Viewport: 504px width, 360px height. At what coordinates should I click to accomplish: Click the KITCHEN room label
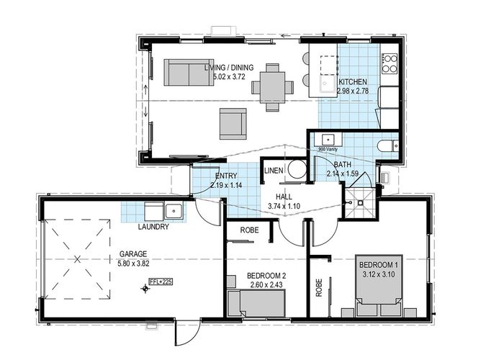pos(352,81)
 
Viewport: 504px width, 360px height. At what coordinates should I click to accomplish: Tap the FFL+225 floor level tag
pos(161,282)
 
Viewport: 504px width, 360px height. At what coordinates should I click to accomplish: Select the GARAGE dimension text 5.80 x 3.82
pos(134,264)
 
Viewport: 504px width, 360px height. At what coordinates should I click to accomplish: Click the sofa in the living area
pos(189,72)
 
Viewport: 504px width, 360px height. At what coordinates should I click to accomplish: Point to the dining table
pos(272,87)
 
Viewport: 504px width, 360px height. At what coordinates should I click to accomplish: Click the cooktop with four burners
pos(390,63)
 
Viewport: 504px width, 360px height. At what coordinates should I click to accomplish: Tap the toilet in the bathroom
pos(388,146)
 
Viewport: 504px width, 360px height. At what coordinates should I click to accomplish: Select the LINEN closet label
pos(274,171)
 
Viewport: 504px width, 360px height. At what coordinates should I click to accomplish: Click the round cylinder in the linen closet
pos(297,169)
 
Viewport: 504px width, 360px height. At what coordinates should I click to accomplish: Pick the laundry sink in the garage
pos(174,211)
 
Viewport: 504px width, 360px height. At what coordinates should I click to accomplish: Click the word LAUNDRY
pos(153,227)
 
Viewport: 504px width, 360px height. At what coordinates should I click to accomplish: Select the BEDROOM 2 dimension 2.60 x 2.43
pos(266,284)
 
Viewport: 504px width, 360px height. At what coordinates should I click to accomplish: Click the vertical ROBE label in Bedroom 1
pos(319,287)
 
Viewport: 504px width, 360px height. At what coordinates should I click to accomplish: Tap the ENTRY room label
pos(226,176)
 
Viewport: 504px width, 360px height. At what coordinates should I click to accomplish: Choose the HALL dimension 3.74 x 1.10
pos(284,206)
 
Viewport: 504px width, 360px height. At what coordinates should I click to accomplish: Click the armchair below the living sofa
pos(233,124)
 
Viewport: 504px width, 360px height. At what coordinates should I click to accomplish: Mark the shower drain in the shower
pos(360,203)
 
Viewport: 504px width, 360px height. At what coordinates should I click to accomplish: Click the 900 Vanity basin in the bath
pos(328,140)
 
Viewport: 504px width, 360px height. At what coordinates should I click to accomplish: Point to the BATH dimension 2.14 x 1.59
pos(342,174)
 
